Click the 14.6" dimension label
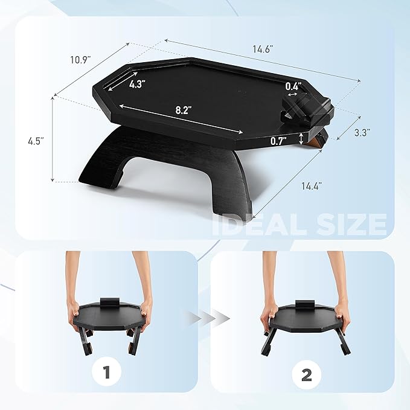click(x=263, y=49)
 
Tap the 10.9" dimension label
click(x=80, y=60)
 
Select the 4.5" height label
click(x=36, y=141)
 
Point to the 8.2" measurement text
click(x=182, y=111)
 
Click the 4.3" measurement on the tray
click(x=137, y=84)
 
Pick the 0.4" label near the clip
click(x=293, y=86)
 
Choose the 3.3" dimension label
click(x=362, y=132)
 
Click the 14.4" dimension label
click(x=312, y=186)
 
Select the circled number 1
click(x=106, y=372)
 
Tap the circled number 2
click(x=307, y=374)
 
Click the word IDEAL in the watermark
click(x=260, y=225)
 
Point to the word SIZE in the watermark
click(x=351, y=225)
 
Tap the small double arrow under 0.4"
click(x=292, y=94)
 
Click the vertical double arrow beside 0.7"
click(x=301, y=138)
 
